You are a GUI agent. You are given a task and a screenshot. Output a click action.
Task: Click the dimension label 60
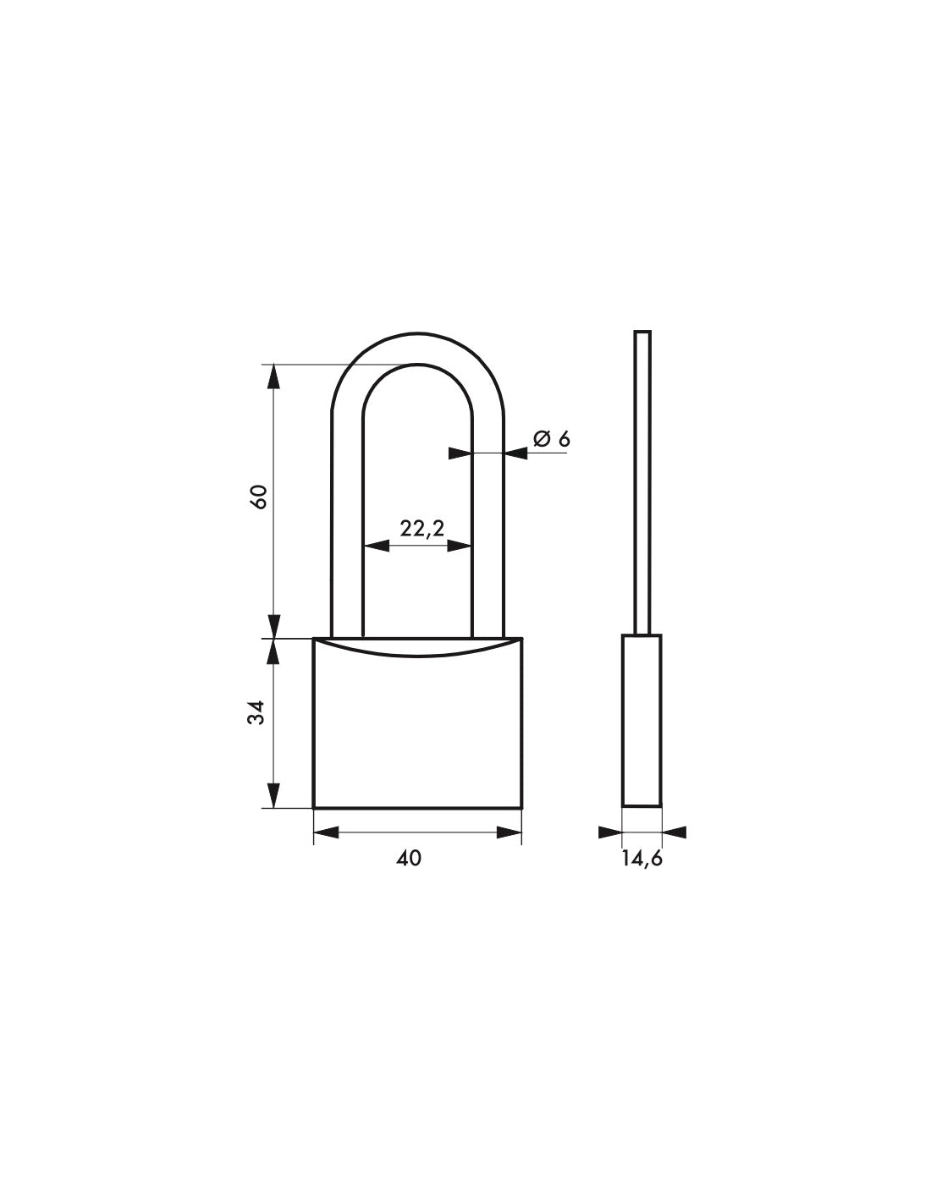click(261, 497)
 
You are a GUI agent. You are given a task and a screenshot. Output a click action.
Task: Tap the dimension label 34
click(261, 712)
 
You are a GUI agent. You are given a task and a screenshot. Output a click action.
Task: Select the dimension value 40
click(408, 858)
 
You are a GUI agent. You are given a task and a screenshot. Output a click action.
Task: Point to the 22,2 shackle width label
click(421, 529)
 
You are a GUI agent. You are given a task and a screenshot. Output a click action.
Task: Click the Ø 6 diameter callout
click(552, 438)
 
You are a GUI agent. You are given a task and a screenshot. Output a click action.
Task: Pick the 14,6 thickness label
click(642, 858)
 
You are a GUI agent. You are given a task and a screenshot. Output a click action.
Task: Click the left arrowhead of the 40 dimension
click(326, 832)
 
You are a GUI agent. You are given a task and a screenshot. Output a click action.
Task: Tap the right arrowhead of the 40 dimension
click(510, 832)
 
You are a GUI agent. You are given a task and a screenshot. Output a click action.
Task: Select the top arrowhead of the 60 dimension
click(273, 376)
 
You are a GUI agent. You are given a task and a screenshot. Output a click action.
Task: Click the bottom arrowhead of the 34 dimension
click(273, 795)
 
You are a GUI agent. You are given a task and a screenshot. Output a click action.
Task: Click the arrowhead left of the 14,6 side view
click(610, 832)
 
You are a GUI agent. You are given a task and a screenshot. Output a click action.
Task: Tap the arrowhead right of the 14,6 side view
click(675, 832)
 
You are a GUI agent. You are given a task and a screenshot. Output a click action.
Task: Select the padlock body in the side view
click(642, 719)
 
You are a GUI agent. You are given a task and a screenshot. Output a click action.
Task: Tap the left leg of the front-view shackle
click(346, 525)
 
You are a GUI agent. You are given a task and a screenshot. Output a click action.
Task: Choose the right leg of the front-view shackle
click(488, 525)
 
